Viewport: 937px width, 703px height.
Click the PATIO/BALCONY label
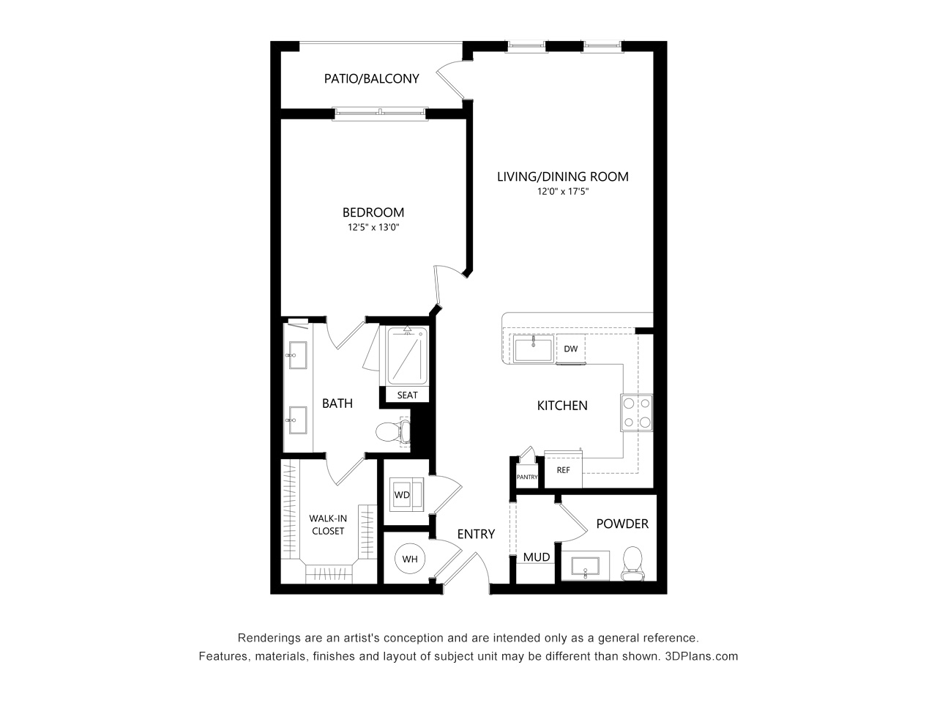point(371,78)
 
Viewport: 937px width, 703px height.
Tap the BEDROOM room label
point(373,212)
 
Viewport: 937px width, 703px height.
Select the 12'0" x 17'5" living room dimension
point(563,192)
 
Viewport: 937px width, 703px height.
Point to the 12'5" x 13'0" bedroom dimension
point(373,228)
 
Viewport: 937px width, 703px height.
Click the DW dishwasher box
point(571,349)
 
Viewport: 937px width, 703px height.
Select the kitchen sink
point(534,349)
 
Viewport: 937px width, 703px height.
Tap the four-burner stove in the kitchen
point(636,412)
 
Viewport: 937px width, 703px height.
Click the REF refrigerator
point(563,470)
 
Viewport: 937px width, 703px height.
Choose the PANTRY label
point(527,477)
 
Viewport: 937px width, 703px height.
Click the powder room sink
point(585,566)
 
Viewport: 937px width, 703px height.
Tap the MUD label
point(537,557)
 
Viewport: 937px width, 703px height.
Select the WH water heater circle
point(410,559)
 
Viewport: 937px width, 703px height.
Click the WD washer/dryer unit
point(402,494)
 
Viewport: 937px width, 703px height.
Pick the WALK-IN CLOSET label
point(327,524)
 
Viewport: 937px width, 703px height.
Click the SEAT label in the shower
point(407,395)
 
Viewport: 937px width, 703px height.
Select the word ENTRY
point(476,535)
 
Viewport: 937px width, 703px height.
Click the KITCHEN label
point(562,405)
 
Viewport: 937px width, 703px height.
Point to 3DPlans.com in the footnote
point(701,656)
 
